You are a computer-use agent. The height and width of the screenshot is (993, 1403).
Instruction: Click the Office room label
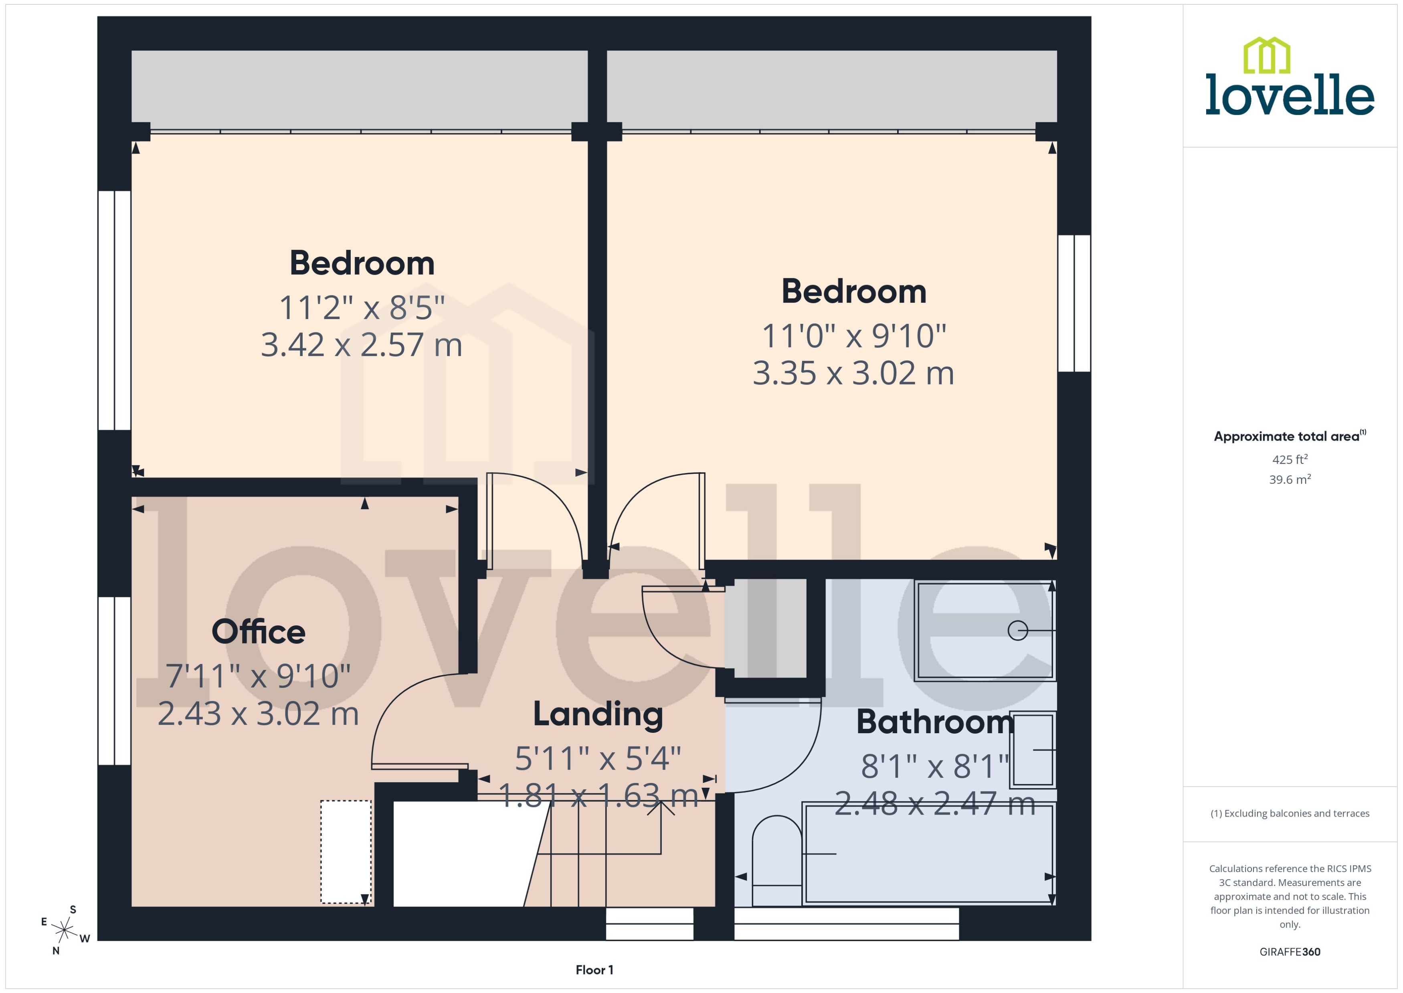(x=258, y=632)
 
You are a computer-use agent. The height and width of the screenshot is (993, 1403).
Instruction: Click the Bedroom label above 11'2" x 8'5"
(x=362, y=263)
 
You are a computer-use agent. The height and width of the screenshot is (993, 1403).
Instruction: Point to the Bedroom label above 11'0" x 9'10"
(x=853, y=292)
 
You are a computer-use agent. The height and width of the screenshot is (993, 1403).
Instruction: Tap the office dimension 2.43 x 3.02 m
(x=258, y=714)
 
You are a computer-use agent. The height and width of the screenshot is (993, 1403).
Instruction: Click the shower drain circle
(x=1017, y=631)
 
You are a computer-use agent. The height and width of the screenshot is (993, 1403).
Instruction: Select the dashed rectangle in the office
(x=346, y=852)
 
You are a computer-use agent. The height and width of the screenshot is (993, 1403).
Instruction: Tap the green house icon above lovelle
(x=1267, y=56)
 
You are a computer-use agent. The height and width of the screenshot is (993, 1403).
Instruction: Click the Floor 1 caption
(x=594, y=970)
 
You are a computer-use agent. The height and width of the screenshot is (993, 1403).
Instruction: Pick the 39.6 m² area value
(x=1290, y=480)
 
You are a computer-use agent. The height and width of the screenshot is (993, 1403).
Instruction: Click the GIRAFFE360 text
(x=1290, y=952)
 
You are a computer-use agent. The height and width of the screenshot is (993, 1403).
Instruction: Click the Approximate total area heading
(x=1287, y=437)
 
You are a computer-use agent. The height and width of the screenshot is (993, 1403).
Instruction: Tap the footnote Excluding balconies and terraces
(x=1290, y=814)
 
